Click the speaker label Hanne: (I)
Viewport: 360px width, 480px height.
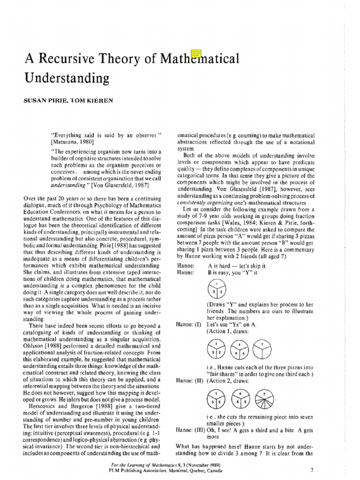coord(187,324)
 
